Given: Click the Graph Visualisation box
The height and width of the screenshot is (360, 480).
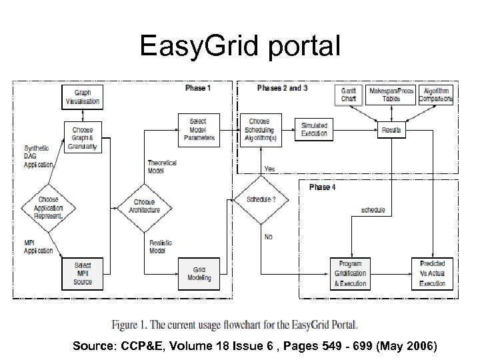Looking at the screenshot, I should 83,98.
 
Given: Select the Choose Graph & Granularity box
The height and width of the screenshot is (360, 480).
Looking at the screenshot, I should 83,137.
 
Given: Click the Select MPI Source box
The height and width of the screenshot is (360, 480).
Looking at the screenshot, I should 83,273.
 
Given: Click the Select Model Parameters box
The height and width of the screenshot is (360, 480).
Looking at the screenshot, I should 198,130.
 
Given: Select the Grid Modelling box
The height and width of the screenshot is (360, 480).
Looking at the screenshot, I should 198,274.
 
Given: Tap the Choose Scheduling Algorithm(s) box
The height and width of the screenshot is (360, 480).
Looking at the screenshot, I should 259,129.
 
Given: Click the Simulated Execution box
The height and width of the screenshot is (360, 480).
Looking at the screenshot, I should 314,129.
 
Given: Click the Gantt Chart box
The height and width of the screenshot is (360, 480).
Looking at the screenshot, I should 349,94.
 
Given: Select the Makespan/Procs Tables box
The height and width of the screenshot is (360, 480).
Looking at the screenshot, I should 391,94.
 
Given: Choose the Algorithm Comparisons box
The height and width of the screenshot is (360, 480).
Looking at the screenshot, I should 435,94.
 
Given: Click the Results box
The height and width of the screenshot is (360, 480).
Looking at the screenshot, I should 391,130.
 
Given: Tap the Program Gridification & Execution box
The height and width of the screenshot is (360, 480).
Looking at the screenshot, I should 350,273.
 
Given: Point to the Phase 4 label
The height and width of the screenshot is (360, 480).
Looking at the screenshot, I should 322,187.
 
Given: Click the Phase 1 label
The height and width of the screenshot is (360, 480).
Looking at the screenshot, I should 198,88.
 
